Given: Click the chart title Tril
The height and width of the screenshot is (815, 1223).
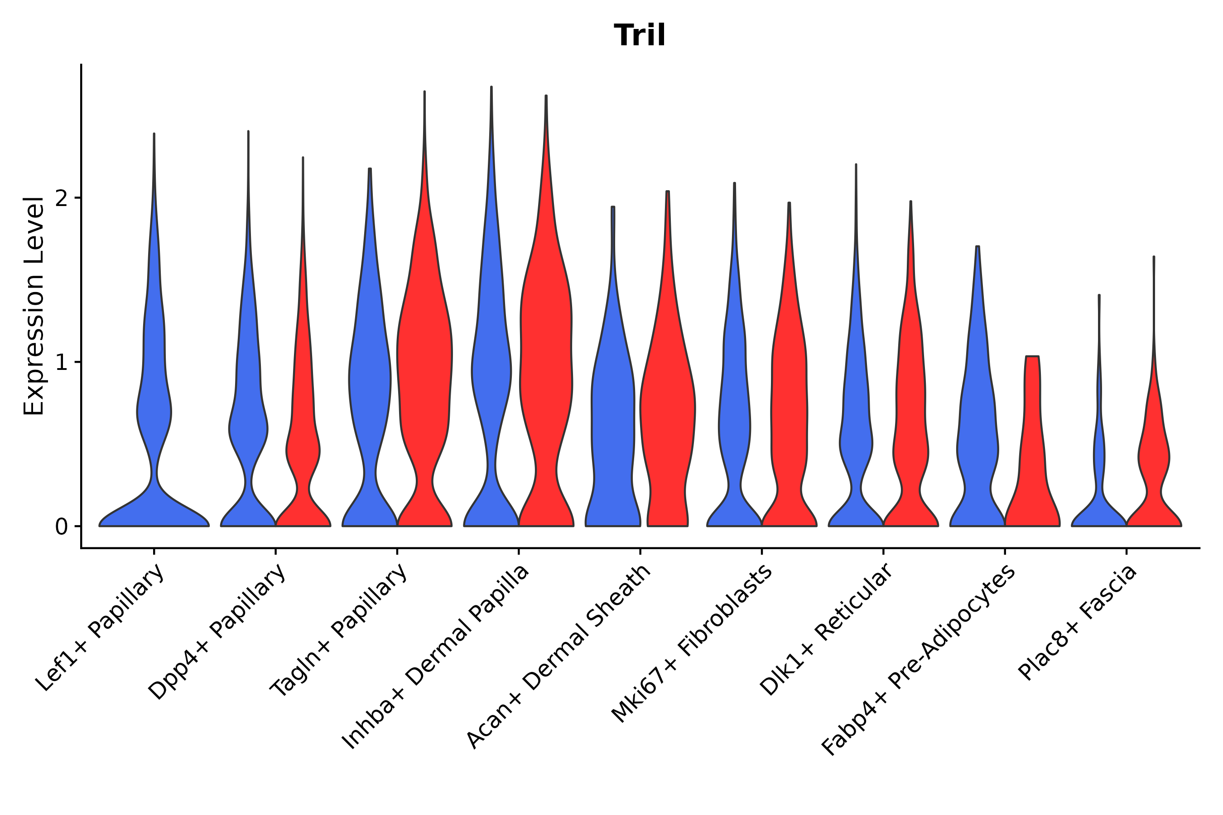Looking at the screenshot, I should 639,35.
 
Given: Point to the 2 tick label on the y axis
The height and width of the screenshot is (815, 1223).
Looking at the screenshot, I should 61,198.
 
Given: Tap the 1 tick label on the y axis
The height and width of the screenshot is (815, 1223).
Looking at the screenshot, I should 61,362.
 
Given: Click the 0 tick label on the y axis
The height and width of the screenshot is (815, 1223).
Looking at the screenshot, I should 61,527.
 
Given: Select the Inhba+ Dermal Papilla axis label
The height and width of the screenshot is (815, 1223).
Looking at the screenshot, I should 436,657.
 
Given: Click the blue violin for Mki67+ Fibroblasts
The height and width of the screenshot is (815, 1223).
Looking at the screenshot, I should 734,416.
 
